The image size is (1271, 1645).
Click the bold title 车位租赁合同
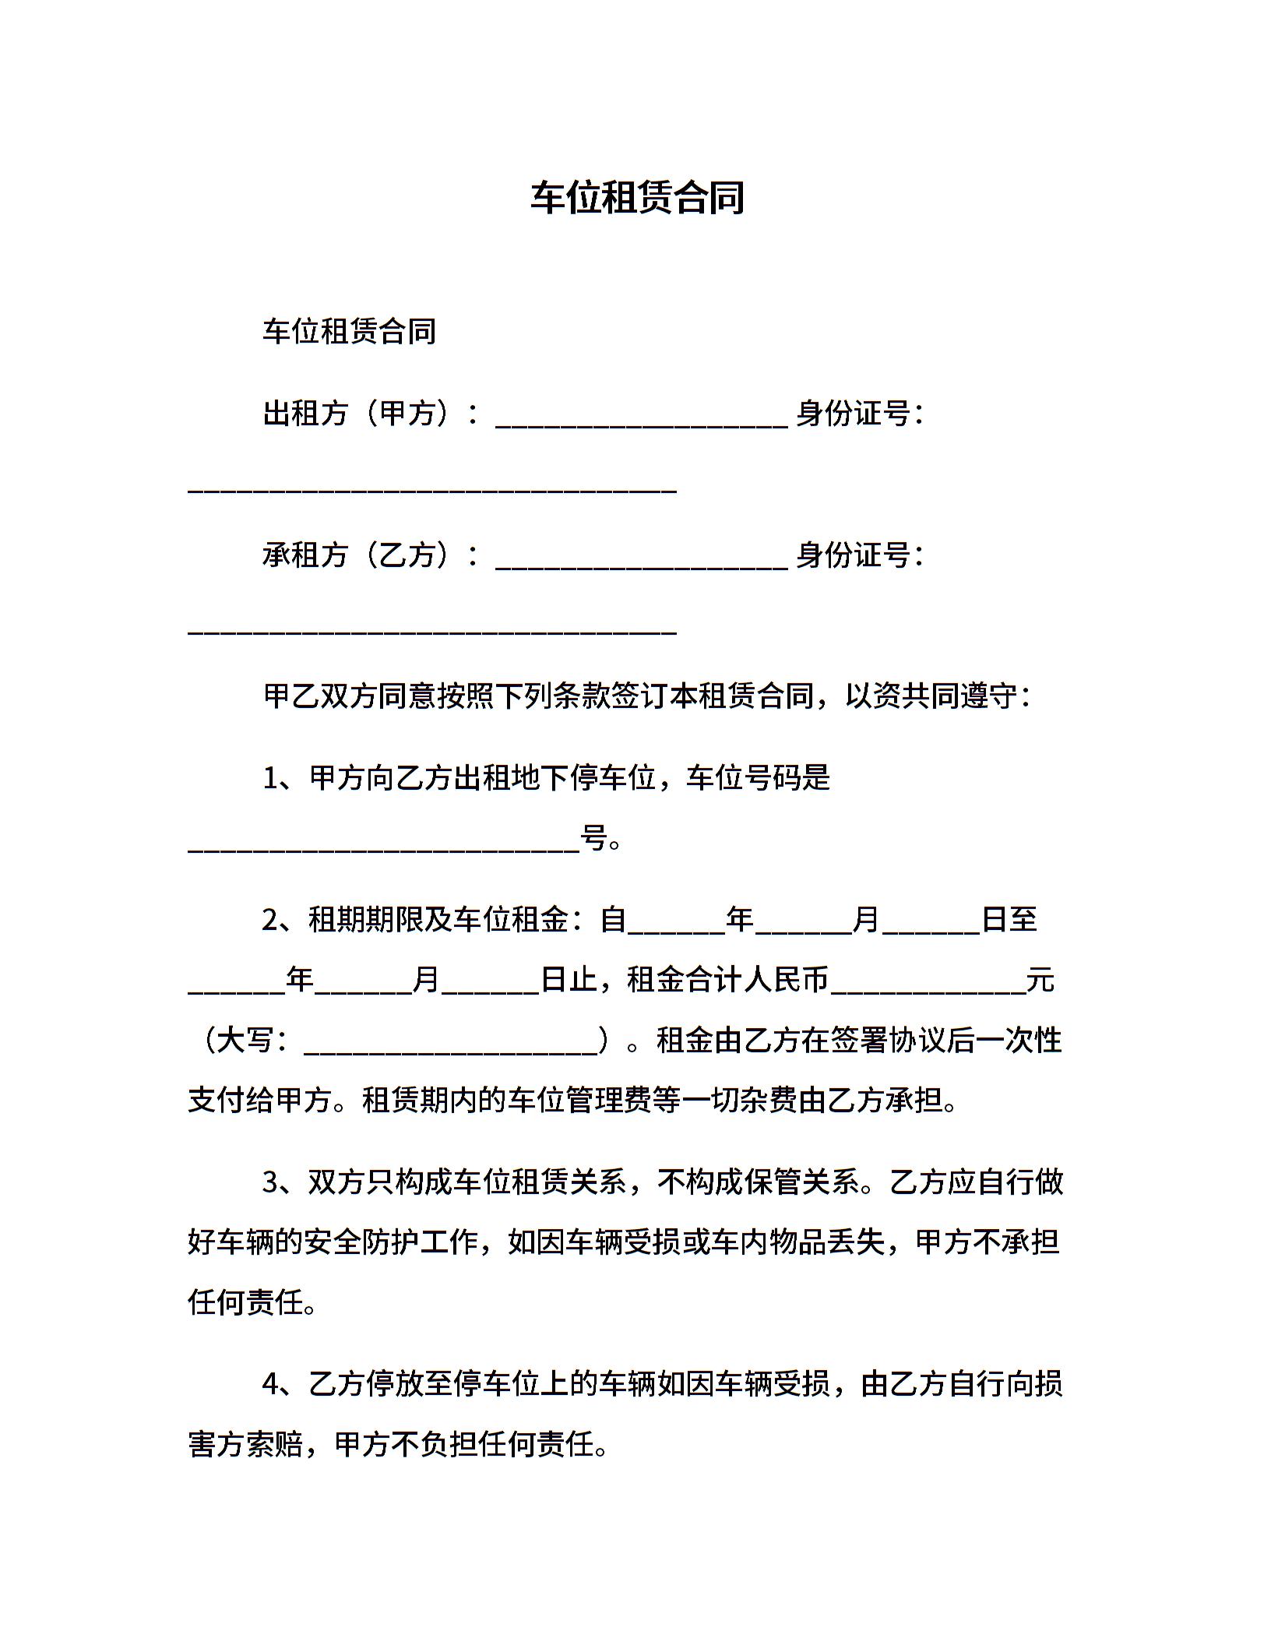[637, 198]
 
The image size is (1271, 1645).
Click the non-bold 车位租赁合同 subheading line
[349, 332]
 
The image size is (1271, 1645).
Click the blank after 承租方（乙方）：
[642, 562]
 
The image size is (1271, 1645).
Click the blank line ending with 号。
[383, 846]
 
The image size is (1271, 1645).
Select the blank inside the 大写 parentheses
[450, 1047]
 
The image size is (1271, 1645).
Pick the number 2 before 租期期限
[271, 920]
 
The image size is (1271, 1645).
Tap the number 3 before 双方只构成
[271, 1182]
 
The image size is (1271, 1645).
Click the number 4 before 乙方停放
[271, 1384]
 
